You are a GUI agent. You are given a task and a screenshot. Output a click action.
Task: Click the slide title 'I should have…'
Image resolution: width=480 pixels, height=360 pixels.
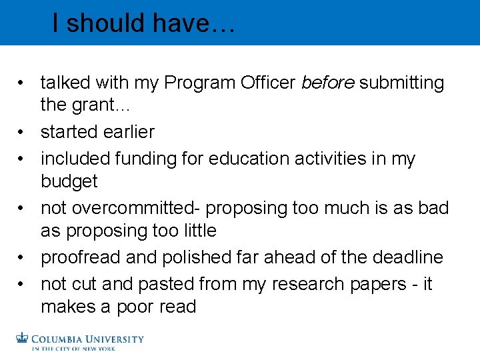143,24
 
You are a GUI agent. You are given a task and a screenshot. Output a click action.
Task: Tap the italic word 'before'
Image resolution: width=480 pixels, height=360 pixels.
329,83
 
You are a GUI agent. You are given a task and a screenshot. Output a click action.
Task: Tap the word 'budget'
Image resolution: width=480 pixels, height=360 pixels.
69,181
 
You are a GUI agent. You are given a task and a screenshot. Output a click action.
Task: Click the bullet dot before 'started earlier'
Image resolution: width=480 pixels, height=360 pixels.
23,132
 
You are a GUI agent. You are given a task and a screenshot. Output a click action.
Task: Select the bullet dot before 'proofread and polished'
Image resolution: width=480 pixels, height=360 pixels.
23,257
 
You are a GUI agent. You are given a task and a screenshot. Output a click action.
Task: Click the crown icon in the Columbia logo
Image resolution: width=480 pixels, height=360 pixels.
23,339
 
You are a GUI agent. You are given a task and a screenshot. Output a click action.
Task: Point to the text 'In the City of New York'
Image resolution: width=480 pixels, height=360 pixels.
73,348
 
